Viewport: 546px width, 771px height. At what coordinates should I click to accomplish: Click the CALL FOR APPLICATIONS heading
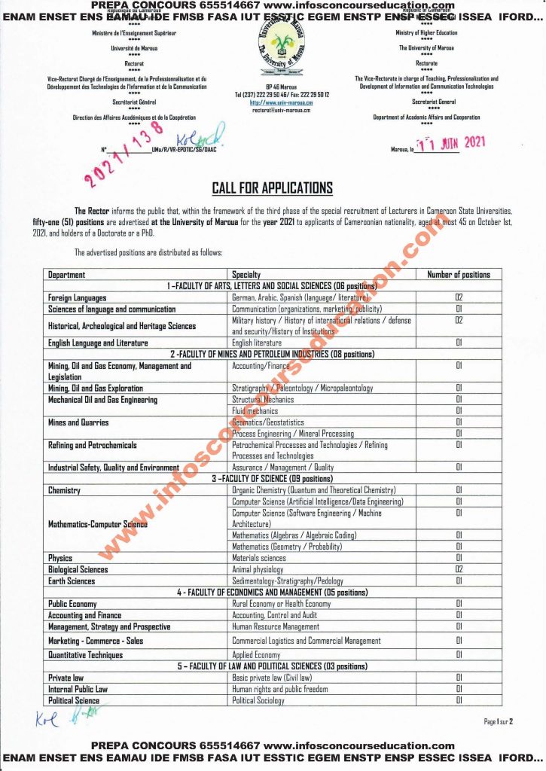click(272, 188)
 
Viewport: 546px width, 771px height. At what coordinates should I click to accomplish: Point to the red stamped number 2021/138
click(125, 157)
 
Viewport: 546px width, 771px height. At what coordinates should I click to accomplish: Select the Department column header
click(67, 275)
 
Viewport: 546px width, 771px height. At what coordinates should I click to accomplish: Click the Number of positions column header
click(458, 275)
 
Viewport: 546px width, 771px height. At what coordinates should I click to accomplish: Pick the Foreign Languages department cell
click(78, 298)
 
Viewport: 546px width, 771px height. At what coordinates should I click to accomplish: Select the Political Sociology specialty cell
click(258, 700)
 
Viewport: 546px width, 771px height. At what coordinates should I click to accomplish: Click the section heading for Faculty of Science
click(272, 479)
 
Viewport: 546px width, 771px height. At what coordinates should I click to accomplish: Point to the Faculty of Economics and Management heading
click(272, 593)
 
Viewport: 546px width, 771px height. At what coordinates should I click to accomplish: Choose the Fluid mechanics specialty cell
click(255, 411)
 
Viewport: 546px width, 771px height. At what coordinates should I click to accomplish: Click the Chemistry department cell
click(64, 490)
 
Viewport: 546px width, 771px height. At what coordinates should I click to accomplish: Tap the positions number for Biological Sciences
click(458, 569)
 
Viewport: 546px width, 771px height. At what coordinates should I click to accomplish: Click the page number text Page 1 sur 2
click(498, 721)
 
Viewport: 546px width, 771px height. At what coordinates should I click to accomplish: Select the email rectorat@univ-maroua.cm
click(272, 110)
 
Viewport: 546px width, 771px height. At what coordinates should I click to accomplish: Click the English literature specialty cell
click(257, 343)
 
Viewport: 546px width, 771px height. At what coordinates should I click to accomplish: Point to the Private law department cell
click(66, 678)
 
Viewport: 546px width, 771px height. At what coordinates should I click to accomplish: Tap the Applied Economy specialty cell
click(256, 655)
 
